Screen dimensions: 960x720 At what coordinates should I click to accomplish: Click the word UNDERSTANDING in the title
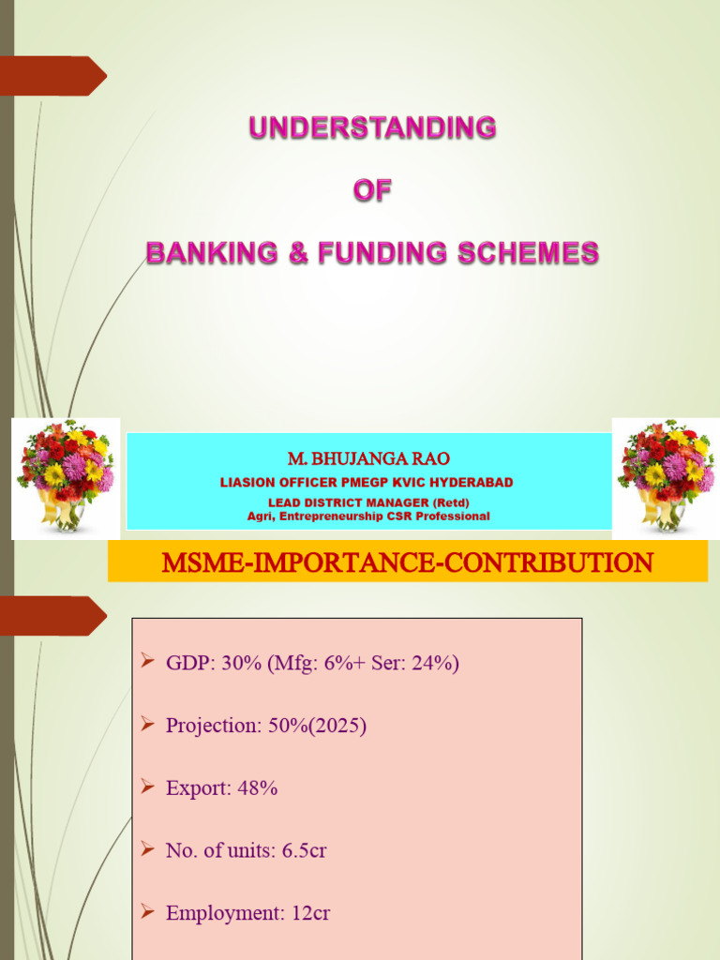372,127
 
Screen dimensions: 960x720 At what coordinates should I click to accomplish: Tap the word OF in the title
372,190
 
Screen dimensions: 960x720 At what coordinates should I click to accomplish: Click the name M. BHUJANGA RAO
368,458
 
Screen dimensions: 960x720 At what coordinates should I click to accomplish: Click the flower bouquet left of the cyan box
66,475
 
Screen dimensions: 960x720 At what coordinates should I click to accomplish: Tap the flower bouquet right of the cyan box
666,475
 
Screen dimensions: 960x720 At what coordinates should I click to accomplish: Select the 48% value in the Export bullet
259,788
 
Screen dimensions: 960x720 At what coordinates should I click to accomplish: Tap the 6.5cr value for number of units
304,851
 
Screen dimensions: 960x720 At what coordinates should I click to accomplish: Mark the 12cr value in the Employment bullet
309,913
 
